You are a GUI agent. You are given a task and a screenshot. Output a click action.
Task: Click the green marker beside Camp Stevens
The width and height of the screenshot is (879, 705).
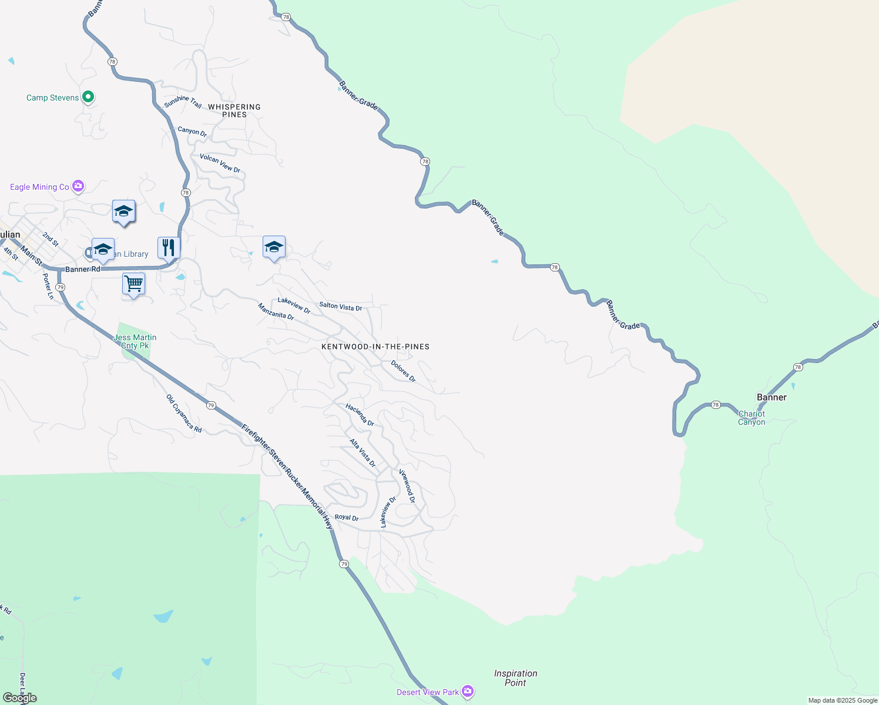point(88,97)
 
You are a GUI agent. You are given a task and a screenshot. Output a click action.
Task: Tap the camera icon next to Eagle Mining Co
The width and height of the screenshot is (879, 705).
point(78,186)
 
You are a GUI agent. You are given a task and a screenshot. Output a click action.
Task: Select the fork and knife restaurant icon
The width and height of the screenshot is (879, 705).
point(169,247)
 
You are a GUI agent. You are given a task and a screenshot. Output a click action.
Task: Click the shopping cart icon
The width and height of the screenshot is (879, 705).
point(133,284)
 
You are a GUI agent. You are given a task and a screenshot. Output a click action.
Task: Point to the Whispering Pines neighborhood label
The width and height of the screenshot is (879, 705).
point(234,110)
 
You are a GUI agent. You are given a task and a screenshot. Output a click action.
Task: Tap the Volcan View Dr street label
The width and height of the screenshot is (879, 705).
point(220,163)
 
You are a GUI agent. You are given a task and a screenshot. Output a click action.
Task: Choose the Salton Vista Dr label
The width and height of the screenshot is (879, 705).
point(340,306)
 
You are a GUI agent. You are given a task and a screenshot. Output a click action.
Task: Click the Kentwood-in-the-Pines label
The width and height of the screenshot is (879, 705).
point(375,347)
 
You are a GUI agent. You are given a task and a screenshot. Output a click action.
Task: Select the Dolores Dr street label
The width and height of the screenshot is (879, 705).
point(403,371)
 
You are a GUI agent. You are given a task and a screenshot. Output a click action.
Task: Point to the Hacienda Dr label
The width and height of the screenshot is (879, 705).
point(360,415)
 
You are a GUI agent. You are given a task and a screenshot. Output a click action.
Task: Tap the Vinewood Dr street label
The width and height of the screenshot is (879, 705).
point(407,486)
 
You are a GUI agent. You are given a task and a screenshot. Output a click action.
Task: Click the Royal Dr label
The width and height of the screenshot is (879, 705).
point(346,518)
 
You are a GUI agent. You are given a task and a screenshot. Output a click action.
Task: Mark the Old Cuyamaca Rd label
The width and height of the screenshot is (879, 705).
point(184,414)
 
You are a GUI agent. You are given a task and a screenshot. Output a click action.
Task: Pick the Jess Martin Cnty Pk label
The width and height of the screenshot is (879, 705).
point(135,341)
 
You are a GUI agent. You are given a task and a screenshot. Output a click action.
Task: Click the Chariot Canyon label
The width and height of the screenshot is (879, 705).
point(751,418)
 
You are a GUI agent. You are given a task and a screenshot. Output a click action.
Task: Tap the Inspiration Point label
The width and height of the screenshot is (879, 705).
point(515,678)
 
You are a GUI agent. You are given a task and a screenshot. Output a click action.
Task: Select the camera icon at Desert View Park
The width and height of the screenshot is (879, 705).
point(468,691)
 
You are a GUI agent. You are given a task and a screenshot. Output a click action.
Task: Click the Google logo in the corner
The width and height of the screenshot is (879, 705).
point(20,698)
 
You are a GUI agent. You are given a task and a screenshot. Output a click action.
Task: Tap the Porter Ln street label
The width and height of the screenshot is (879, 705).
point(48,287)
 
